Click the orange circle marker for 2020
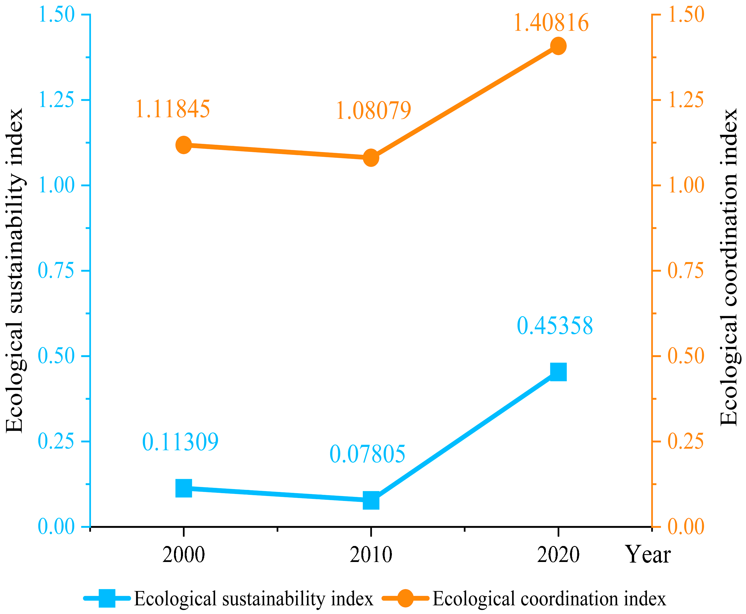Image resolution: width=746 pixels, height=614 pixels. coord(558,46)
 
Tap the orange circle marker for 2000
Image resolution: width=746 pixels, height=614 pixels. coord(184,145)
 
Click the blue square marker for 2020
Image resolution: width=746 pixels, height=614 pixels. coord(558,372)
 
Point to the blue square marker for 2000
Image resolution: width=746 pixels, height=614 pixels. coord(184,488)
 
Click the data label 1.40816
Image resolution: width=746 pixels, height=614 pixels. coord(551,23)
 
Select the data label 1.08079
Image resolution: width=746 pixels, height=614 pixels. coord(373,110)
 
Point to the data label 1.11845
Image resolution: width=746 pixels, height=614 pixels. coord(173,109)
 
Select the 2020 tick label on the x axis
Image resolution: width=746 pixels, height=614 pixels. coord(558,555)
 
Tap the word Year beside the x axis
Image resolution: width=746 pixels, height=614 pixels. coord(648,555)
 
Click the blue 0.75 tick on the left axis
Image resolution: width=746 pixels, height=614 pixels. coord(56,271)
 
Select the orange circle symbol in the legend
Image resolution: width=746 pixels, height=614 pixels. coord(405,598)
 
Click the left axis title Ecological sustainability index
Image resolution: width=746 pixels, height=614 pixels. coord(15,271)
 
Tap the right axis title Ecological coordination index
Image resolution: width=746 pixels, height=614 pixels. coord(729,267)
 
